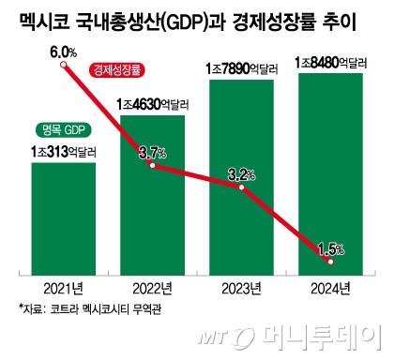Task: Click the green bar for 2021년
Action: (x=63, y=220)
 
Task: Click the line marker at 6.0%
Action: (x=63, y=66)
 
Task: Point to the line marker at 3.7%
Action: (x=152, y=166)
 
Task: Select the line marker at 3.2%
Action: (x=241, y=187)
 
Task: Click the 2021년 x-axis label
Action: (x=63, y=288)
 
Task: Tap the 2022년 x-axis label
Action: (x=152, y=288)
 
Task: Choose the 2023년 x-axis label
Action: (x=241, y=288)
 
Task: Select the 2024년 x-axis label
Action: (x=329, y=288)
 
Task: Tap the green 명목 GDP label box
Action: (x=63, y=129)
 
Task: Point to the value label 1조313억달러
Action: (x=63, y=150)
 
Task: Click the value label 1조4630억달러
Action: (x=152, y=102)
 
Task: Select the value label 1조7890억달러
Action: (x=241, y=68)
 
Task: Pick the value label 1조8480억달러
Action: (x=329, y=62)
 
